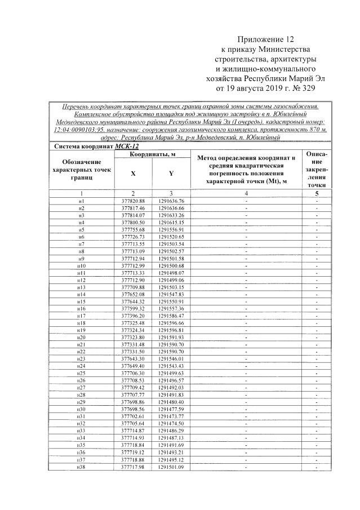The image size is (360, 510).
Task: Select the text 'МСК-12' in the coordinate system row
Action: point(127,147)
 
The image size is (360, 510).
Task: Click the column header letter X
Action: point(133,174)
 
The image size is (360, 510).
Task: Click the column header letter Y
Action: point(171,174)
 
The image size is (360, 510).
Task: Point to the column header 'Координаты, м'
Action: point(153,154)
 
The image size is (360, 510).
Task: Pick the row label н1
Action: point(82,201)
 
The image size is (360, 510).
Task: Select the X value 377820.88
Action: point(134,201)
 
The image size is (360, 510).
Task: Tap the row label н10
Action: point(82,265)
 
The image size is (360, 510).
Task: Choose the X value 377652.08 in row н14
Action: point(134,294)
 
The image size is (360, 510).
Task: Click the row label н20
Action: point(82,337)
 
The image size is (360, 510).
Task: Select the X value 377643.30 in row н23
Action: point(134,358)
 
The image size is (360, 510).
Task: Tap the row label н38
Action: point(82,466)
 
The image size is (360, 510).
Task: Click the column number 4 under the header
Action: point(246,194)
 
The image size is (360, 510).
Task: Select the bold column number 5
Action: point(317,194)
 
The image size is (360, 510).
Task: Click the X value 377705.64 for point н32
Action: point(134,423)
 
